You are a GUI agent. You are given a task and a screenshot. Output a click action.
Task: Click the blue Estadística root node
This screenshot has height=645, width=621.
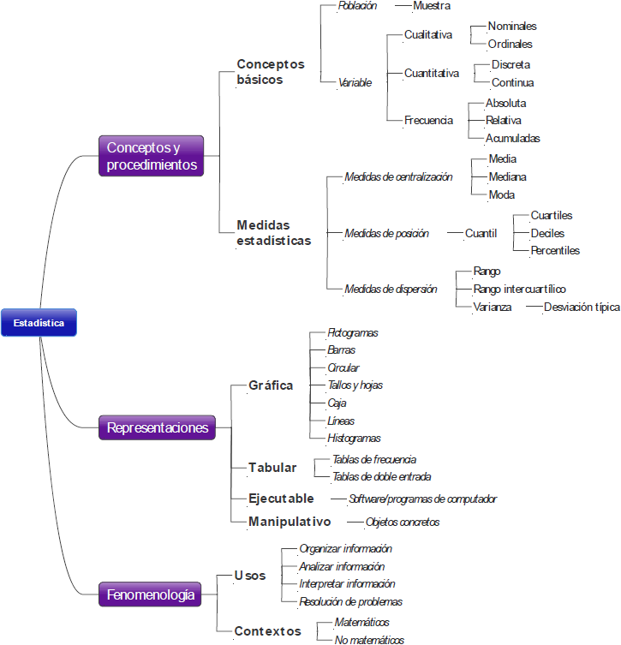(39, 323)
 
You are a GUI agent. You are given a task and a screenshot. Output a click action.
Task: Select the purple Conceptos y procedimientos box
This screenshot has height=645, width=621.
(152, 156)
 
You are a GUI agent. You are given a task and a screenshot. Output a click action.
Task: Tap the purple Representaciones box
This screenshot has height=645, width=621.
(157, 427)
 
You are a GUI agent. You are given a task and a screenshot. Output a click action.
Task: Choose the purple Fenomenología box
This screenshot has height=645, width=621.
(150, 594)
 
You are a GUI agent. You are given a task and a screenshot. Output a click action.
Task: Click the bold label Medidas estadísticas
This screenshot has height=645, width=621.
(273, 233)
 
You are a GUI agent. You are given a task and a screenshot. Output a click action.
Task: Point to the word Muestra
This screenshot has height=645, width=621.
(432, 5)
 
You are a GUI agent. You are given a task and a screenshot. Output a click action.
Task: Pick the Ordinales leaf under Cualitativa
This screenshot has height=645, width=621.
(510, 44)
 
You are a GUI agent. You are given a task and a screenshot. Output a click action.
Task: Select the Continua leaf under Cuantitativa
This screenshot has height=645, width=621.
(512, 83)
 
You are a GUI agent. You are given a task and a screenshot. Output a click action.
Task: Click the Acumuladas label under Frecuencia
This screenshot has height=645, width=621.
(512, 138)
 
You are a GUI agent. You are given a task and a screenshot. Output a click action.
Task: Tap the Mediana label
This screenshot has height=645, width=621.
(507, 176)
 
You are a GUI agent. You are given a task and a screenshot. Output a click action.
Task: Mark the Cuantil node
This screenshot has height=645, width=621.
(481, 233)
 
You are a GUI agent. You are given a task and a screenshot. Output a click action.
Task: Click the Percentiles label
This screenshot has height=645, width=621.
(555, 251)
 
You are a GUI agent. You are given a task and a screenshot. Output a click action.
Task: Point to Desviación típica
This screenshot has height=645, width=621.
(582, 307)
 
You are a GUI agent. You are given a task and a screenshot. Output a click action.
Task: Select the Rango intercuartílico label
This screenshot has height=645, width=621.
(519, 289)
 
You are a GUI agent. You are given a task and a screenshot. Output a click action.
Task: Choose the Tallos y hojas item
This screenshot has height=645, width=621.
(355, 385)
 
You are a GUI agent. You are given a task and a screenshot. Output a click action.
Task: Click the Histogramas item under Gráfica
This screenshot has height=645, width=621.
(354, 439)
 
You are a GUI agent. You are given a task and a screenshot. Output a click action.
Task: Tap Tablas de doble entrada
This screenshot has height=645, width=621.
(381, 477)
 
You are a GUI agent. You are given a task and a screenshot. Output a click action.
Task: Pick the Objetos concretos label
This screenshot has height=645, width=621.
(403, 522)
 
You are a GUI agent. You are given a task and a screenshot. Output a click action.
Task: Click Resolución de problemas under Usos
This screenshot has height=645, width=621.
(350, 602)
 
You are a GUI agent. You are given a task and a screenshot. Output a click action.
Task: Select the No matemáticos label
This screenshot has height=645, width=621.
(369, 640)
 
